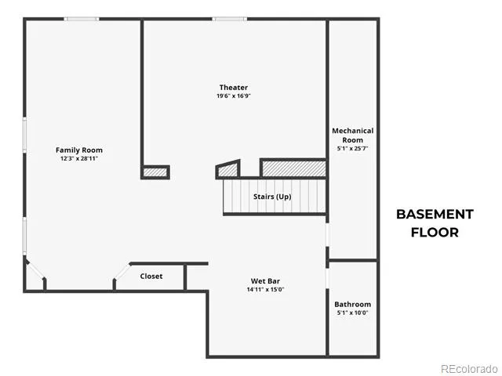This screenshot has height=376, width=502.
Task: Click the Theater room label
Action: click(234, 87)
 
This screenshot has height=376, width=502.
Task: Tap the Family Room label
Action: click(79, 150)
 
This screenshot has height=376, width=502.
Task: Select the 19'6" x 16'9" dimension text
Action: click(234, 96)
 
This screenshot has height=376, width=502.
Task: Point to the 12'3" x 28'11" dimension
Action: click(79, 158)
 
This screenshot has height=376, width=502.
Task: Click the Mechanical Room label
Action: click(352, 136)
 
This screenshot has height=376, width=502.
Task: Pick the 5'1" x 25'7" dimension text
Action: click(352, 148)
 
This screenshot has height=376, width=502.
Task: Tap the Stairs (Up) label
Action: click(272, 197)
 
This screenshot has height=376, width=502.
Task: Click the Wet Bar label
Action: click(265, 281)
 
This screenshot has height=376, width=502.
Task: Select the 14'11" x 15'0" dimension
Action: click(265, 290)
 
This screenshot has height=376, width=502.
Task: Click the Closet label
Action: click(151, 276)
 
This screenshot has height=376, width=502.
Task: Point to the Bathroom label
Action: click(352, 304)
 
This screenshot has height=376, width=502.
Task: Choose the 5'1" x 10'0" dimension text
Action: click(352, 313)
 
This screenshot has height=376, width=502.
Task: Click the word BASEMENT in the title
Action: click(435, 214)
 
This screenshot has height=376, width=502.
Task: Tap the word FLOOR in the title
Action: click(435, 233)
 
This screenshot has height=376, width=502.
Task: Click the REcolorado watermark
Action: click(469, 369)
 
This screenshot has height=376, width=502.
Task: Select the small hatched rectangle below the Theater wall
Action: click(155, 172)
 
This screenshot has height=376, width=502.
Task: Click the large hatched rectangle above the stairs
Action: click(293, 168)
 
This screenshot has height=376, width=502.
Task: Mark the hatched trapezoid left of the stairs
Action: click(228, 170)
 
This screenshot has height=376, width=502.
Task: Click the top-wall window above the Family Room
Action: click(82, 19)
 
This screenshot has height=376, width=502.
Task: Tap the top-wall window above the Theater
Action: click(230, 19)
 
